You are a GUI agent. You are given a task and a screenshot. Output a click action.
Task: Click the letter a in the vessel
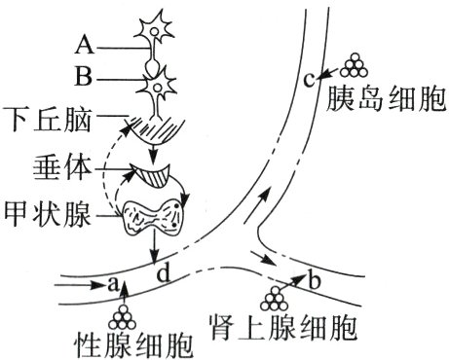(112, 285)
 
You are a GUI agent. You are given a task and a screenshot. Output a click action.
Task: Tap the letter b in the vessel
(313, 282)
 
